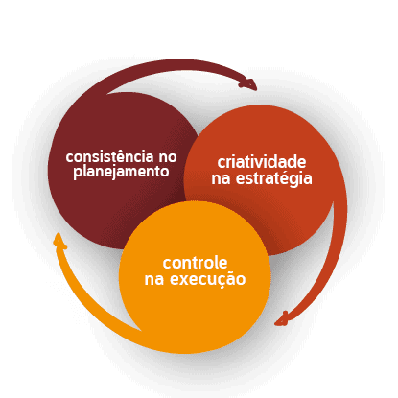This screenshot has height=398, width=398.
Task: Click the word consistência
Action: [109, 156]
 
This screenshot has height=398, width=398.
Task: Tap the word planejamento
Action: [121, 172]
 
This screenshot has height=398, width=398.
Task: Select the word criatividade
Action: [262, 162]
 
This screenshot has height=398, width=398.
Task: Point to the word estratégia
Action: [274, 178]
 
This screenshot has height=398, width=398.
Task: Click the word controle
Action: [195, 263]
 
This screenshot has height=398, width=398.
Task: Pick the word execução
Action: [208, 279]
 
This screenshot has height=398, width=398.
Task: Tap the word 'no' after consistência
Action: [168, 157]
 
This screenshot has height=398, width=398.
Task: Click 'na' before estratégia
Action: [221, 179]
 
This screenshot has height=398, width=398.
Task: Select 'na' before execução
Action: [154, 280]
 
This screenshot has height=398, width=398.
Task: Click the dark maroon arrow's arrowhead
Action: [249, 83]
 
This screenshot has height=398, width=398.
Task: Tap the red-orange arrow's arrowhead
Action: [283, 319]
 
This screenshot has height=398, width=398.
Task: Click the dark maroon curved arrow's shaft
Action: [173, 65]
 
